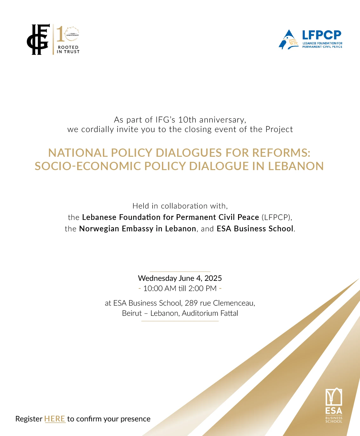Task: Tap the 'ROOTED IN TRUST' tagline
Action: pos(68,50)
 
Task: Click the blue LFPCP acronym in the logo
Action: pos(321,35)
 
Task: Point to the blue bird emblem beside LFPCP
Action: pos(288,40)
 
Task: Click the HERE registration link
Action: pos(55,419)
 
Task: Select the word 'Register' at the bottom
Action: pos(29,419)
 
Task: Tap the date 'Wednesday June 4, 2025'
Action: pos(180,278)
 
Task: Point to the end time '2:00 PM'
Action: pos(202,288)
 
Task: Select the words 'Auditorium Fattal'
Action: pos(210,313)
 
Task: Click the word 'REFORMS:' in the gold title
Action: pos(281,153)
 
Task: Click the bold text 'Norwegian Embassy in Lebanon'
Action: pos(137,229)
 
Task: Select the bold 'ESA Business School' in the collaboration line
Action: pos(255,229)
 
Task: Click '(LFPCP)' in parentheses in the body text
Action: pos(276,217)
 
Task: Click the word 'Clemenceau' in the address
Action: pos(234,303)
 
